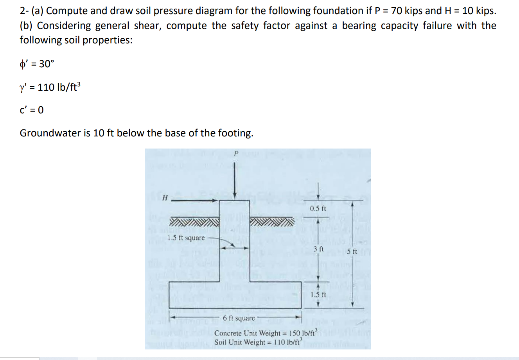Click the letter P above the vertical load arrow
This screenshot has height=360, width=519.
(235, 154)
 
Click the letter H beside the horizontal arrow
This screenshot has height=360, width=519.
(165, 198)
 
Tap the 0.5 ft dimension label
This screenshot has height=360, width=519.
(318, 209)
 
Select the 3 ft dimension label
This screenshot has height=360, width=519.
(319, 249)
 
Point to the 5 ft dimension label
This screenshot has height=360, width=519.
(352, 251)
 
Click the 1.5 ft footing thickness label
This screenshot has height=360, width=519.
(318, 295)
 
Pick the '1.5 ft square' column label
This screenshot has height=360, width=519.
(186, 238)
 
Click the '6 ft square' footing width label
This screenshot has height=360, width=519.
(239, 318)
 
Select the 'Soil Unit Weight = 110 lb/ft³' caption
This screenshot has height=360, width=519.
(258, 342)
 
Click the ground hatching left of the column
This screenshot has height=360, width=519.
(194, 222)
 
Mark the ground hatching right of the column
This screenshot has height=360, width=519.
(271, 222)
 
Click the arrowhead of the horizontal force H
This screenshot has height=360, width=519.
(215, 200)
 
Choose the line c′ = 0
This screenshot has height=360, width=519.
(32, 110)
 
